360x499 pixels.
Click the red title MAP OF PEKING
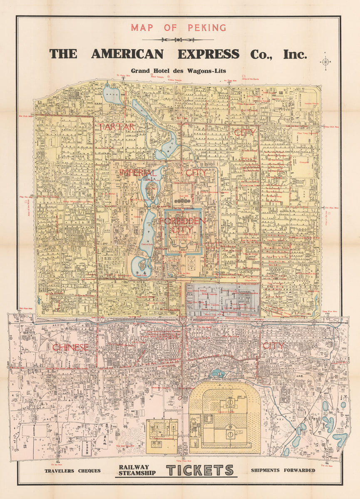(x=178, y=28)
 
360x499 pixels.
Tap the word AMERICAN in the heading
(x=127, y=54)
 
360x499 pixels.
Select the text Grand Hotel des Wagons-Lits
(x=178, y=71)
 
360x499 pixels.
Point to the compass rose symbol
(x=325, y=62)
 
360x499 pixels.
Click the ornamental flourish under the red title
(x=178, y=40)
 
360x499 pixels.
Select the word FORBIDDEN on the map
(x=182, y=221)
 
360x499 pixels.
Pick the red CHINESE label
(x=70, y=347)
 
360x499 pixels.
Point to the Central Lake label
(x=147, y=245)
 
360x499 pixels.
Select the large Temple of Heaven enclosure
(x=225, y=416)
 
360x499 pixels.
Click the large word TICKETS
(x=200, y=470)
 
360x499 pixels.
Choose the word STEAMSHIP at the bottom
(x=137, y=473)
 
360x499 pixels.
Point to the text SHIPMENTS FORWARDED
(x=283, y=470)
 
